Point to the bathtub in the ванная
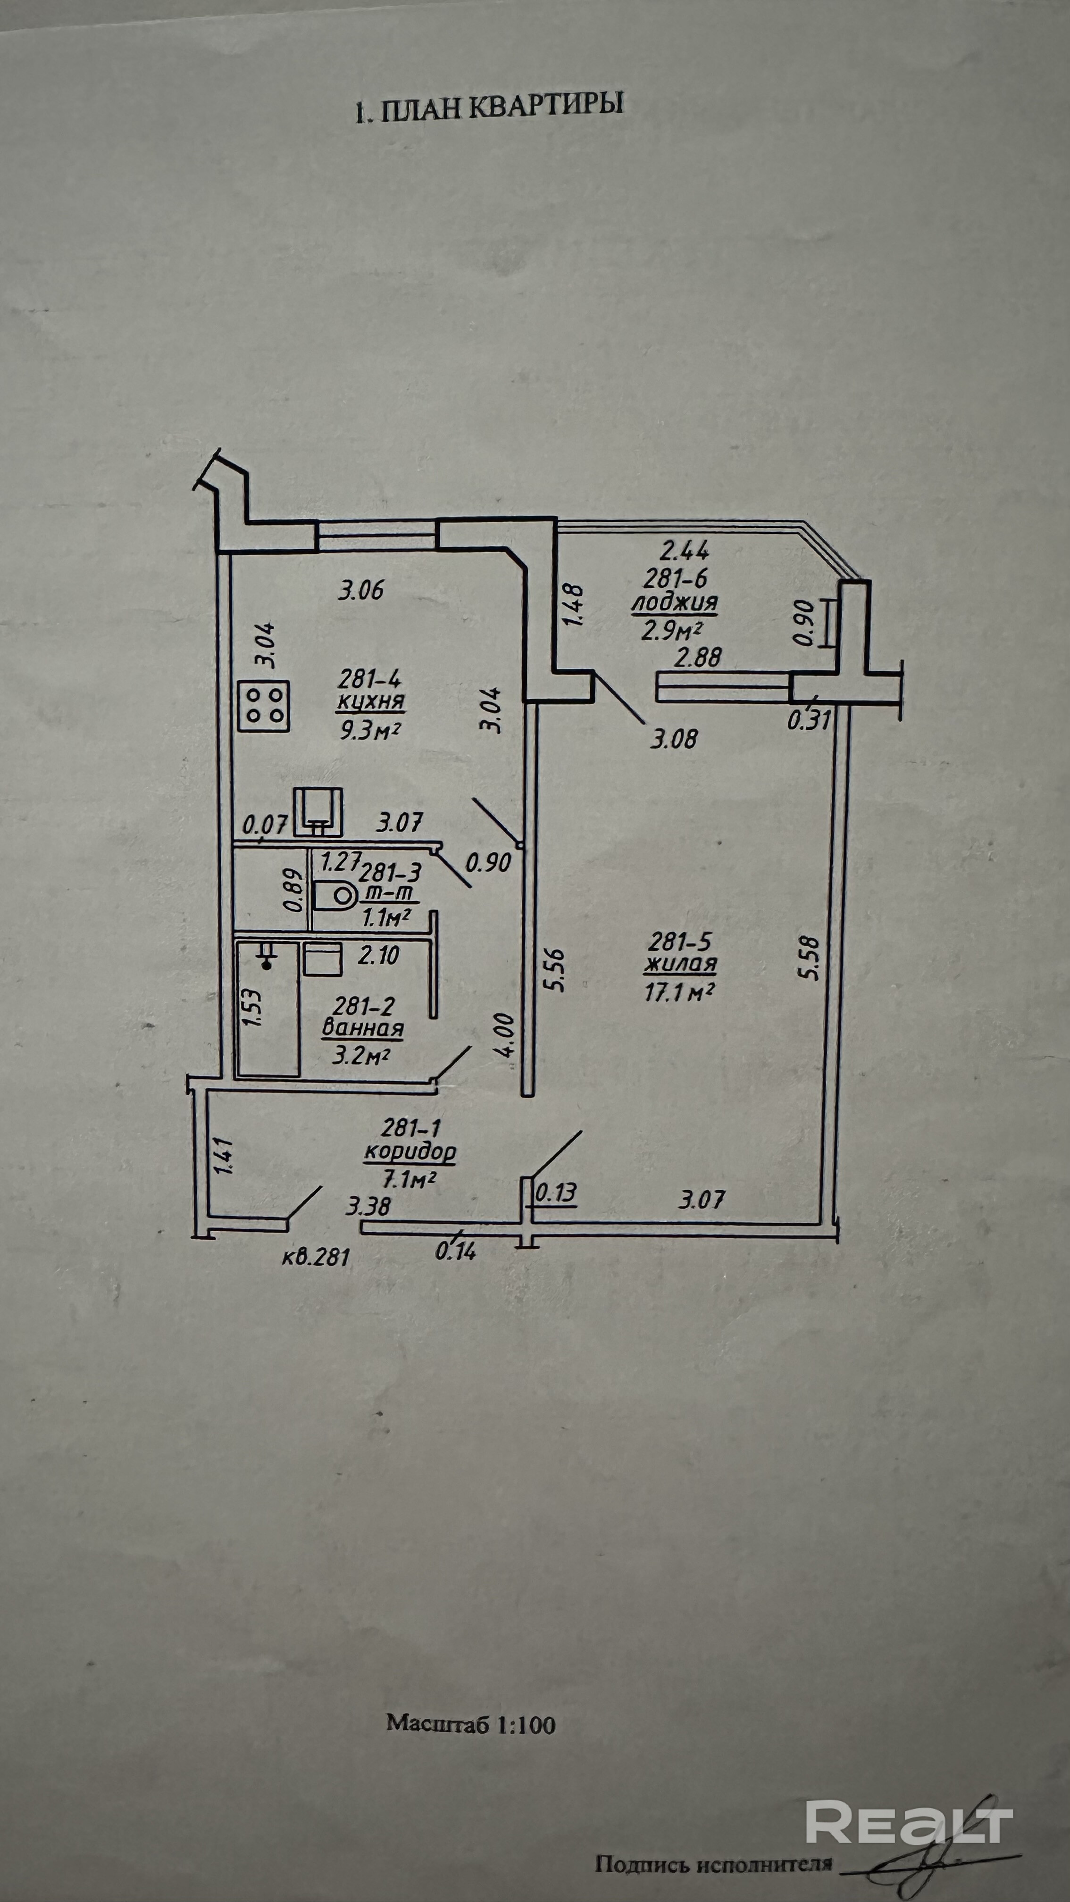tap(267, 1008)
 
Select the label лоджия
tap(674, 602)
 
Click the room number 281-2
tap(363, 1006)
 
